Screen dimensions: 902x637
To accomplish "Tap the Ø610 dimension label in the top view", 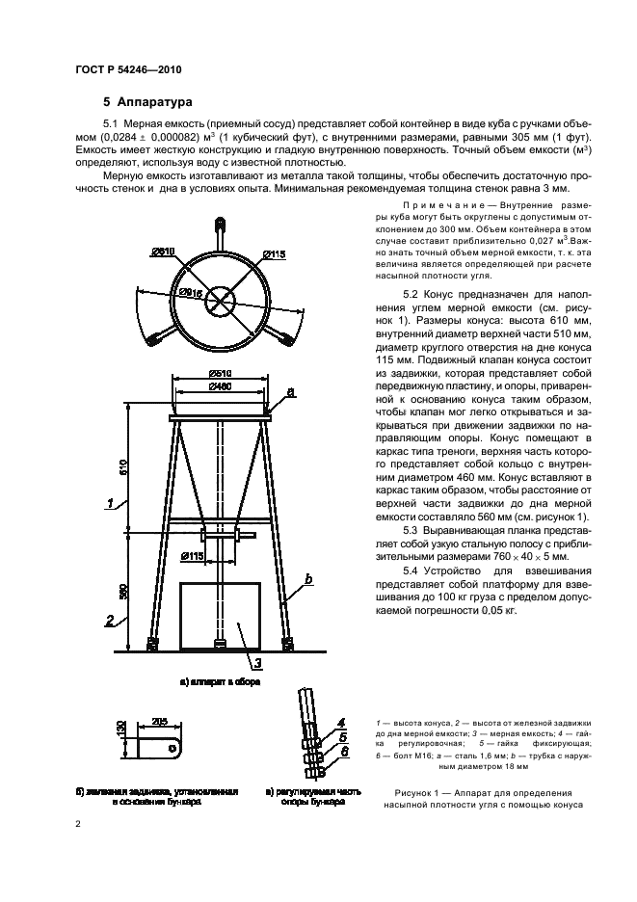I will point(162,252).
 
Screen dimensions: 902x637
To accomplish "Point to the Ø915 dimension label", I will point(190,292).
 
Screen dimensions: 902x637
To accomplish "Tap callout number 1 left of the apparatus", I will point(112,503).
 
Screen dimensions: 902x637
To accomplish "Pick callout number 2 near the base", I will point(112,620).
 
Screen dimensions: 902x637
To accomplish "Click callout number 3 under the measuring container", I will point(257,663).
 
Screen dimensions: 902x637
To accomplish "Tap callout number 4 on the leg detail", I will point(341,722).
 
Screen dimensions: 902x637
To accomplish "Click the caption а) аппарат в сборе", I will point(220,681).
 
